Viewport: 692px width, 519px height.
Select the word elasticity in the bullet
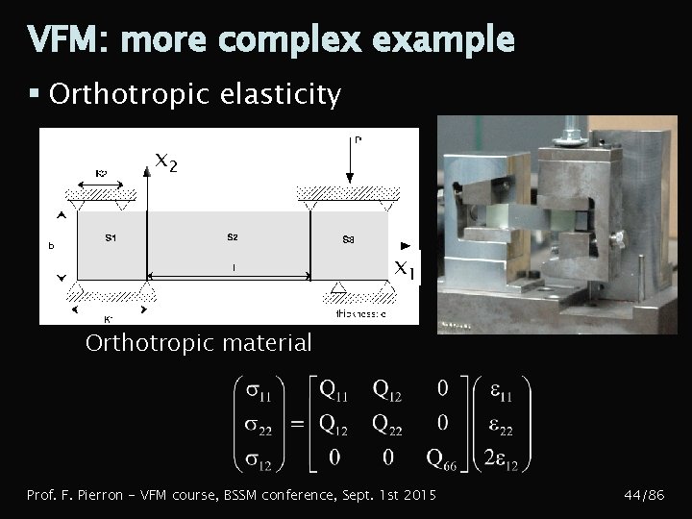[282, 95]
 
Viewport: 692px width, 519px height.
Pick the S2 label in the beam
[233, 236]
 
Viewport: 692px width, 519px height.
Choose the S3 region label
[348, 238]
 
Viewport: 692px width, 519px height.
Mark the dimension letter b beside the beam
[51, 245]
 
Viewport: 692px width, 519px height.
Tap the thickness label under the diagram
[361, 314]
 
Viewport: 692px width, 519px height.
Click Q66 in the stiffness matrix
[443, 457]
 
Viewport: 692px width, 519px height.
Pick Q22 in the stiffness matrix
[387, 423]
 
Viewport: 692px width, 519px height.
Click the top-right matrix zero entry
[441, 389]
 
